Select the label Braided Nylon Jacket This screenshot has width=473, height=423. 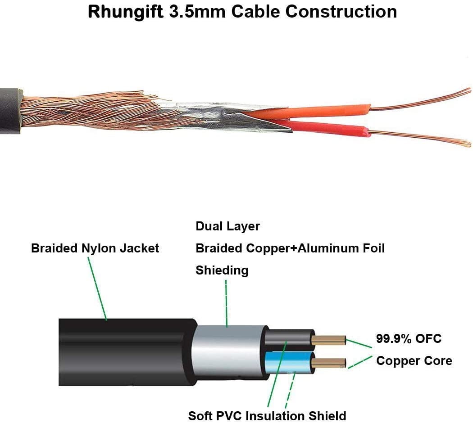pos(95,248)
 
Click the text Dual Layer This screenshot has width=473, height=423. pos(227,226)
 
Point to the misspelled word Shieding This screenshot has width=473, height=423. pos(222,270)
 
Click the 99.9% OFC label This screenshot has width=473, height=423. pos(409,338)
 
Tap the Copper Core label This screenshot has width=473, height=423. pos(414,360)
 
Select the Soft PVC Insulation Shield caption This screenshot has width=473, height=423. pos(267,415)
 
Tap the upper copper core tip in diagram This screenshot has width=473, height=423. pos(329,340)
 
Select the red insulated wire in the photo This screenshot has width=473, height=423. pos(333,128)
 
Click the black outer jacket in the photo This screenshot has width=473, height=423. pos(9,110)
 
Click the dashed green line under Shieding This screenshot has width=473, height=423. pos(226,301)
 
